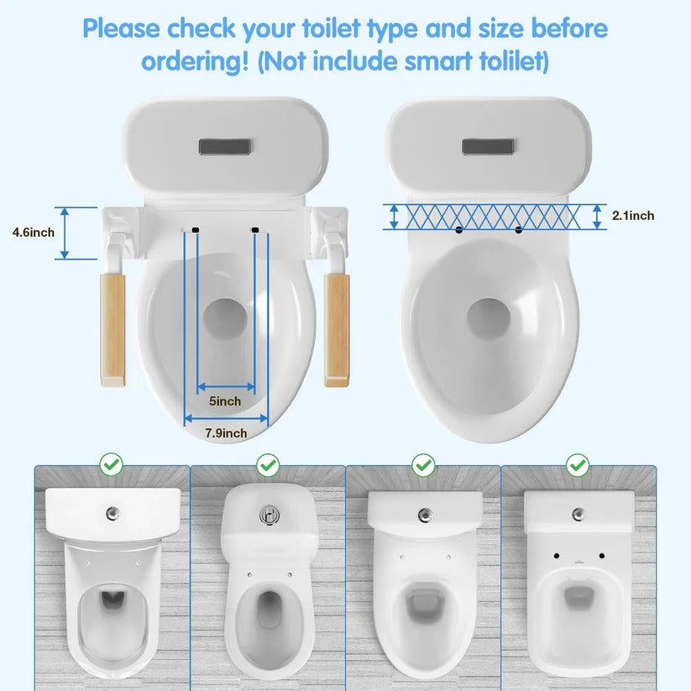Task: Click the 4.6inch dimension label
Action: click(34, 232)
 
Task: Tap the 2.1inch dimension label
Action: click(632, 216)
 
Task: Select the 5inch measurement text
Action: click(224, 401)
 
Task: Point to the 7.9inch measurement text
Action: click(226, 433)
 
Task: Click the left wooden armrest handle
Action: click(112, 329)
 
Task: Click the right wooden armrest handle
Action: click(337, 329)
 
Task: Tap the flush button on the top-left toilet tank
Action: click(224, 147)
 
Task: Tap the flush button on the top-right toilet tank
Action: click(488, 147)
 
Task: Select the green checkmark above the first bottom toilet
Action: click(111, 463)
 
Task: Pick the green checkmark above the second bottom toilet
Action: click(267, 463)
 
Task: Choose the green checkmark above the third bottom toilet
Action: click(423, 463)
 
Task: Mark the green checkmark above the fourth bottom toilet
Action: click(578, 463)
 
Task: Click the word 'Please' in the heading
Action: click(123, 29)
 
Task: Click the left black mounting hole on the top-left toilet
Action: click(195, 228)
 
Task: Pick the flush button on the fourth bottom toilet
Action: click(578, 513)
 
